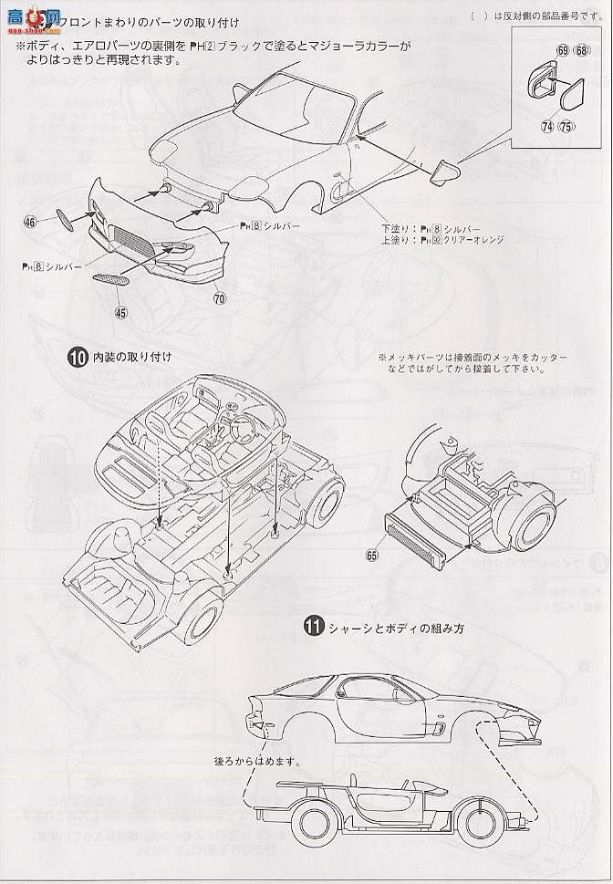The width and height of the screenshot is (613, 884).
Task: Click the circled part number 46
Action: [x=31, y=222]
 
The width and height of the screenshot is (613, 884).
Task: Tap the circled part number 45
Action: [x=121, y=312]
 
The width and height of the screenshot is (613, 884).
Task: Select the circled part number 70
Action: [x=220, y=297]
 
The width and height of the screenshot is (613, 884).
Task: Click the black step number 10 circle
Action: [x=78, y=358]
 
